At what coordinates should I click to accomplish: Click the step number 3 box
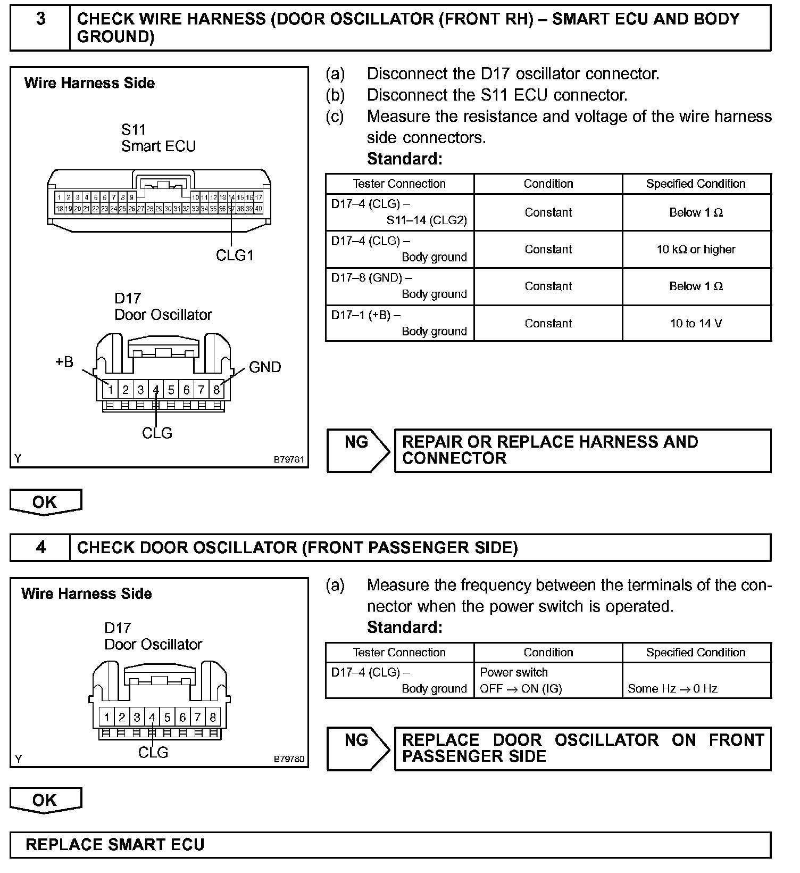[x=40, y=28]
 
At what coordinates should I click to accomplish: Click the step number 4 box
[x=40, y=548]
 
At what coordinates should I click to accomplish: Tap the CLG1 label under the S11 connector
[x=235, y=256]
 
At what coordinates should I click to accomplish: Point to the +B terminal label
[x=64, y=362]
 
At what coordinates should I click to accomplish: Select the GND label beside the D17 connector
[x=264, y=367]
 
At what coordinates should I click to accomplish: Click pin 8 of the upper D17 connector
[x=216, y=390]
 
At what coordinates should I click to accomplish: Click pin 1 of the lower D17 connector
[x=107, y=717]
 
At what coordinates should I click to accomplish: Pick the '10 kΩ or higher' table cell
[x=696, y=249]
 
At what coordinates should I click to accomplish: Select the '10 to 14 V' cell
[x=696, y=323]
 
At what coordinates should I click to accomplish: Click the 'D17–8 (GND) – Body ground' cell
[x=399, y=286]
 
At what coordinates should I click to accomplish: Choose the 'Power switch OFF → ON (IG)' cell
[x=548, y=680]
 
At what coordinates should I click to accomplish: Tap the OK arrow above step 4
[x=46, y=502]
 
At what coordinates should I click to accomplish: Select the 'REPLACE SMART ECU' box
[x=390, y=845]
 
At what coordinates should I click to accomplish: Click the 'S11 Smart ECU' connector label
[x=158, y=138]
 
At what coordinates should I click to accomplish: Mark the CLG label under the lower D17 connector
[x=153, y=753]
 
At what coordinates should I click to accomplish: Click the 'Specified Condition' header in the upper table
[x=696, y=184]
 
